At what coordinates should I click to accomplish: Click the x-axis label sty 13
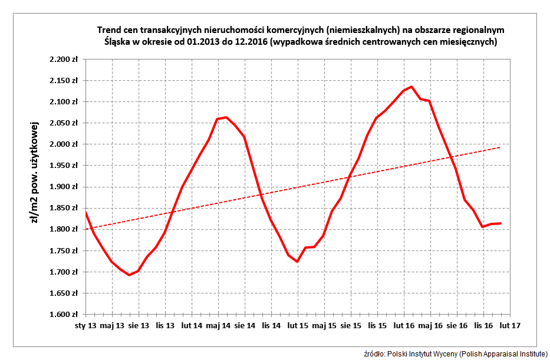(85, 325)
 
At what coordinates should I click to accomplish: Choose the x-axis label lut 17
(510, 325)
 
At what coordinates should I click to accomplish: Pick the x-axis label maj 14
(218, 325)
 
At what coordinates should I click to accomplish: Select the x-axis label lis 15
(378, 325)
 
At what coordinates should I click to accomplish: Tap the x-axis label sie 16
(457, 325)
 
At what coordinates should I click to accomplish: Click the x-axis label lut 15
(298, 325)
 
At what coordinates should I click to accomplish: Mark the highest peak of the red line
(411, 87)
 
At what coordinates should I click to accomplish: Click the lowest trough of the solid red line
(129, 275)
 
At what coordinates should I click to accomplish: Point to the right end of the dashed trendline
(501, 147)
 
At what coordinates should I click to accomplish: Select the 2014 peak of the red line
(226, 117)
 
